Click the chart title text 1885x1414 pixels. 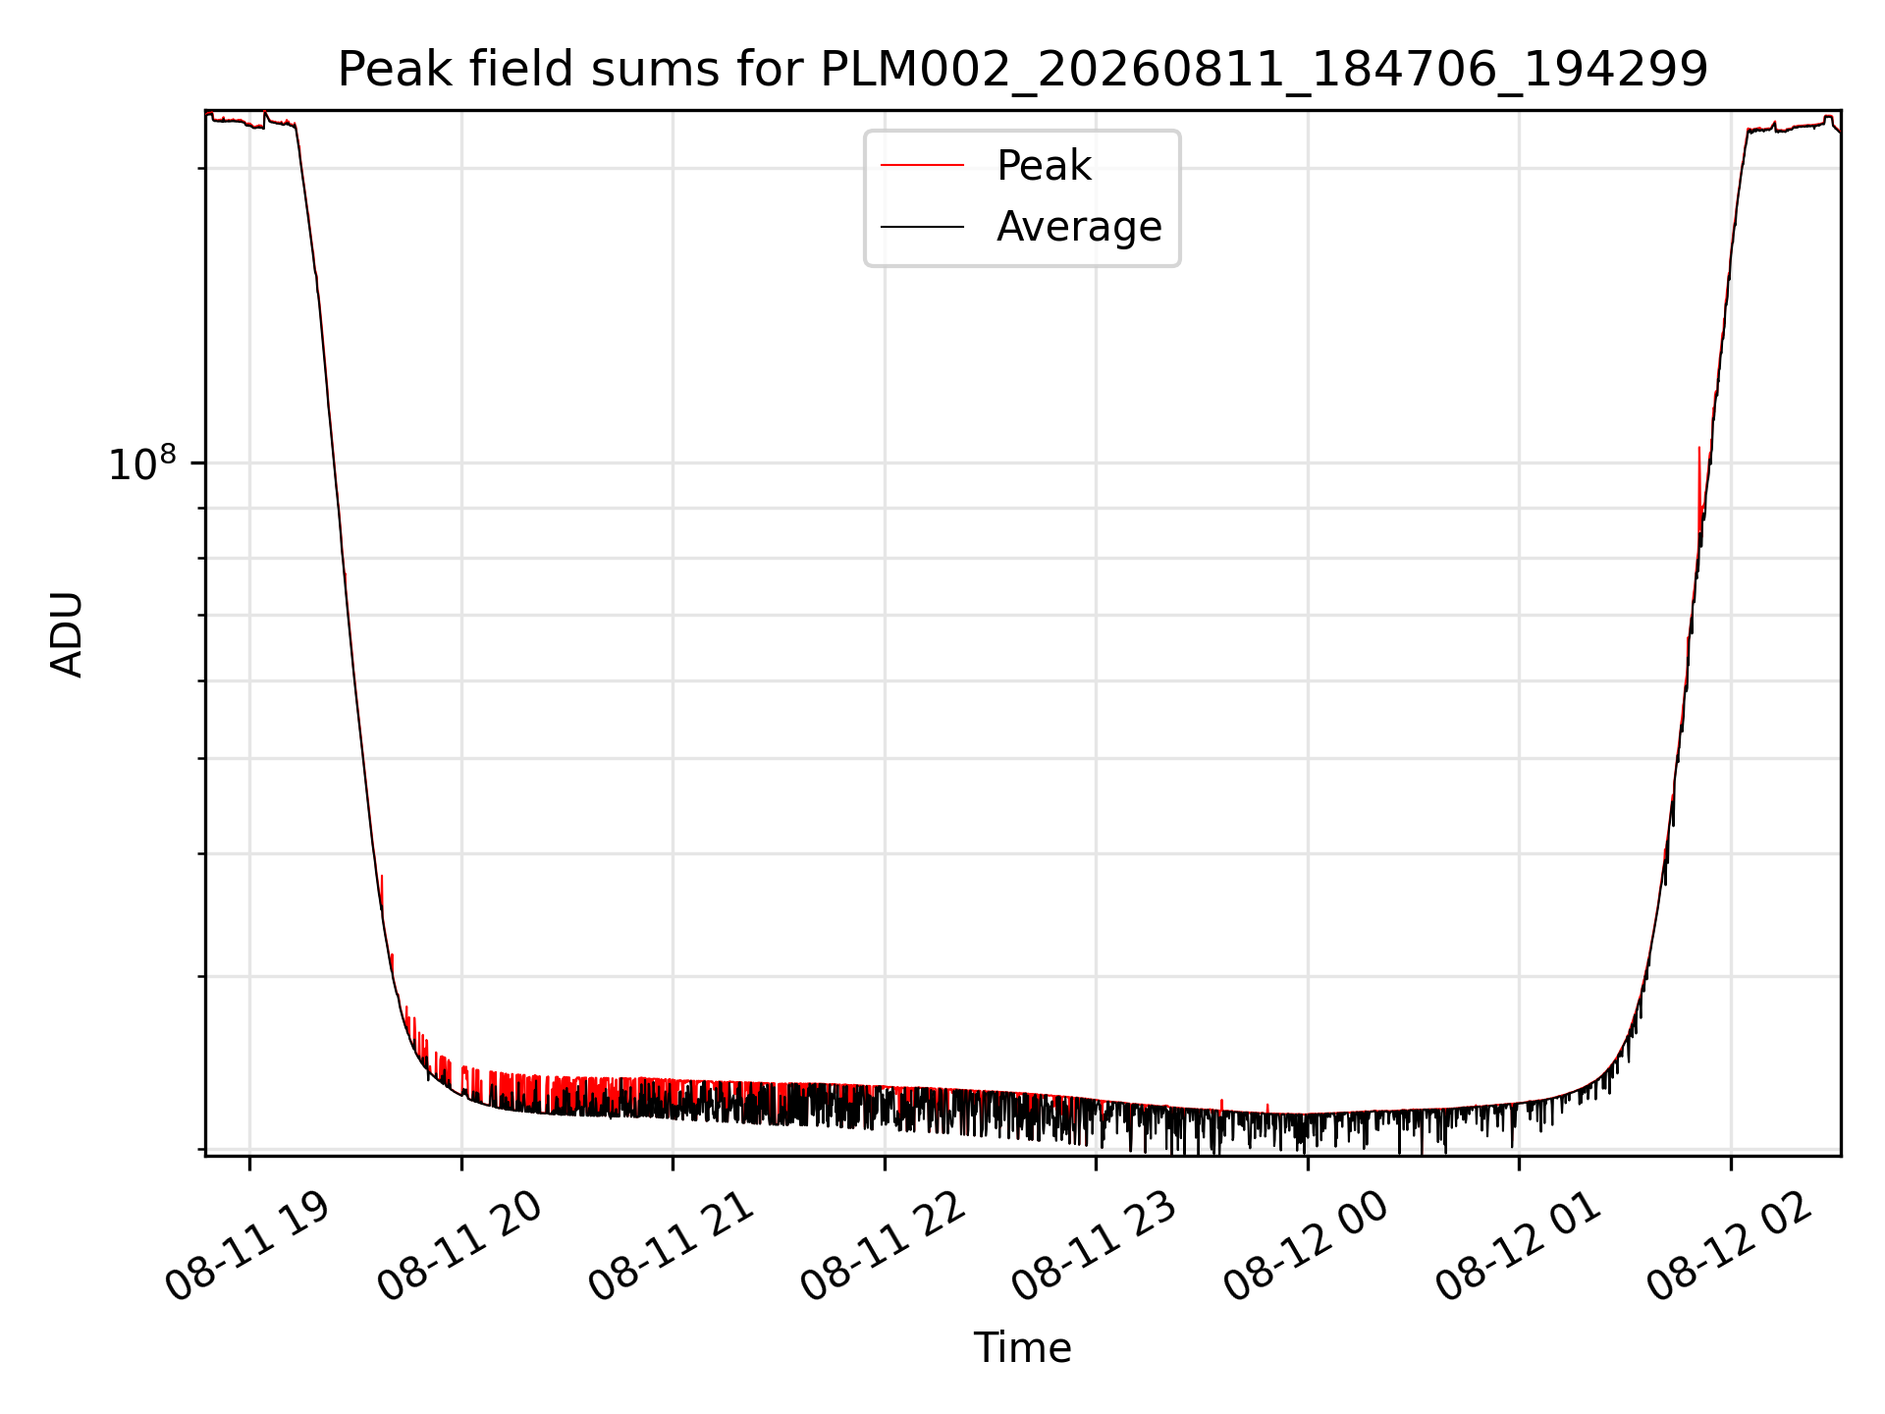coord(1023,70)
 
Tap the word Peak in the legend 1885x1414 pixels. coord(1044,166)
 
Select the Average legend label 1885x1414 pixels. coord(1079,227)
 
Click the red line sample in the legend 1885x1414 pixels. coord(922,166)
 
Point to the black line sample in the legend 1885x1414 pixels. coord(922,227)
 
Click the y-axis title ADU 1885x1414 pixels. coord(67,634)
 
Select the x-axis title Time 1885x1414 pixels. coord(1022,1348)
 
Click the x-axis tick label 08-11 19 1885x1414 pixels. coord(247,1247)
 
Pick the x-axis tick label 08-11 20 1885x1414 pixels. coord(459,1247)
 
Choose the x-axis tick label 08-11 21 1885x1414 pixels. coord(671,1247)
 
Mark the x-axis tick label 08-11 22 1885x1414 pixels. coord(883,1247)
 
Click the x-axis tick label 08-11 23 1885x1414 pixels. coord(1094,1247)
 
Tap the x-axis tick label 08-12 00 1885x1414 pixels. coord(1306,1247)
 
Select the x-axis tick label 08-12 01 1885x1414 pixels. coord(1518,1247)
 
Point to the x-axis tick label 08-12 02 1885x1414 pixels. coord(1729,1247)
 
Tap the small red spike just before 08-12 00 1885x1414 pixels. coord(1267,1109)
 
